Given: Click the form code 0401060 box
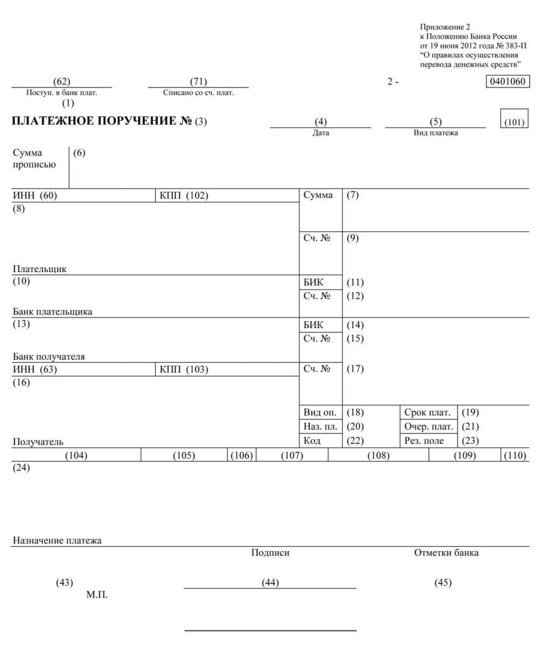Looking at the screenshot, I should (x=508, y=82).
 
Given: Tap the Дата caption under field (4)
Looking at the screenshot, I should (x=321, y=133).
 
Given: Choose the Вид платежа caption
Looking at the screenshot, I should (x=435, y=133).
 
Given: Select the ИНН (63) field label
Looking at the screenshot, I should (x=35, y=370).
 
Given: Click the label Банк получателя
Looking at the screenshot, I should (x=49, y=357).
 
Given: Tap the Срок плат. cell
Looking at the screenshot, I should (x=428, y=413).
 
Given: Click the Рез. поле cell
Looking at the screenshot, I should (x=426, y=442).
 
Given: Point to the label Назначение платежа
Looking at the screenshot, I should (x=57, y=540).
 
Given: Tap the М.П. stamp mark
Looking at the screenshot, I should (x=97, y=595).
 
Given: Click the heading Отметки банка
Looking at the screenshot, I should (x=446, y=553).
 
